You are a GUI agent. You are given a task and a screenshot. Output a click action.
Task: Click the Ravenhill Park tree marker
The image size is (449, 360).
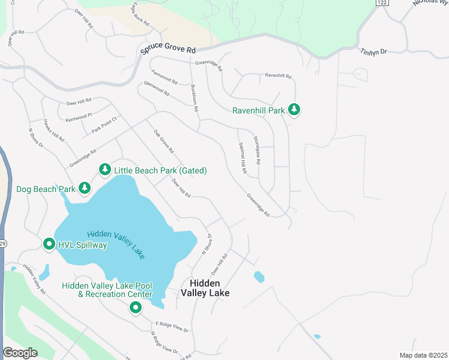click(294, 110)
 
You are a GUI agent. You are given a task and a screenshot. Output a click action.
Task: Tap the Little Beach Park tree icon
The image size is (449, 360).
click(105, 170)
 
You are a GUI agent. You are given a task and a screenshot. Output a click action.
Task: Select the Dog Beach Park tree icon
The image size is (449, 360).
click(85, 189)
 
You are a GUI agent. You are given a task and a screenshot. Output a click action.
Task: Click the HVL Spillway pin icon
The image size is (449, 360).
click(49, 245)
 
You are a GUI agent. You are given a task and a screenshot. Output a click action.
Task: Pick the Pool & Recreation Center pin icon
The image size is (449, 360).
click(136, 308)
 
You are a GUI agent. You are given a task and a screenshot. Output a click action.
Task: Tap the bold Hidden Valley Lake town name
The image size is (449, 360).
click(209, 288)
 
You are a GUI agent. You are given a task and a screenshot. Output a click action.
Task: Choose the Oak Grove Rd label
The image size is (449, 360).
click(163, 142)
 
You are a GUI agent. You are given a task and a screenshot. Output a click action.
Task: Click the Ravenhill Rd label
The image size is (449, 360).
click(278, 76)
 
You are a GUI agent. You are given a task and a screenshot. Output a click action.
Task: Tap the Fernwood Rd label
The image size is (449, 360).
click(164, 77)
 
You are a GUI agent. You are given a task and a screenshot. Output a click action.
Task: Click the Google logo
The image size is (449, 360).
click(20, 352)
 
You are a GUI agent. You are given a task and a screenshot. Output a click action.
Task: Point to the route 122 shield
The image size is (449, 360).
click(381, 3)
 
